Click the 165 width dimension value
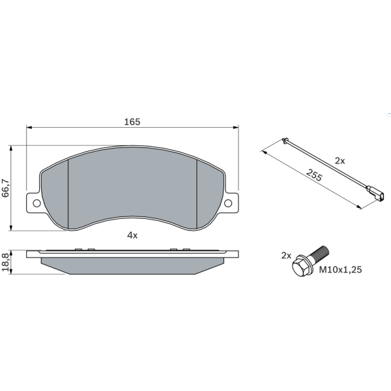pyautogui.click(x=132, y=122)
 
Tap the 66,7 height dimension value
pyautogui.click(x=5, y=188)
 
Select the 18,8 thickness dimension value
pyautogui.click(x=5, y=262)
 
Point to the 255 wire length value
pyautogui.click(x=314, y=175)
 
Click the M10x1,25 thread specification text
pyautogui.click(x=340, y=270)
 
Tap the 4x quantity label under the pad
pyautogui.click(x=132, y=235)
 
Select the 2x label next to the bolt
pyautogui.click(x=286, y=255)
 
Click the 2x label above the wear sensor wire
pyautogui.click(x=340, y=161)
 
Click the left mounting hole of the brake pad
pyautogui.click(x=36, y=203)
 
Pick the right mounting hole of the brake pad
pyautogui.click(x=228, y=203)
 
